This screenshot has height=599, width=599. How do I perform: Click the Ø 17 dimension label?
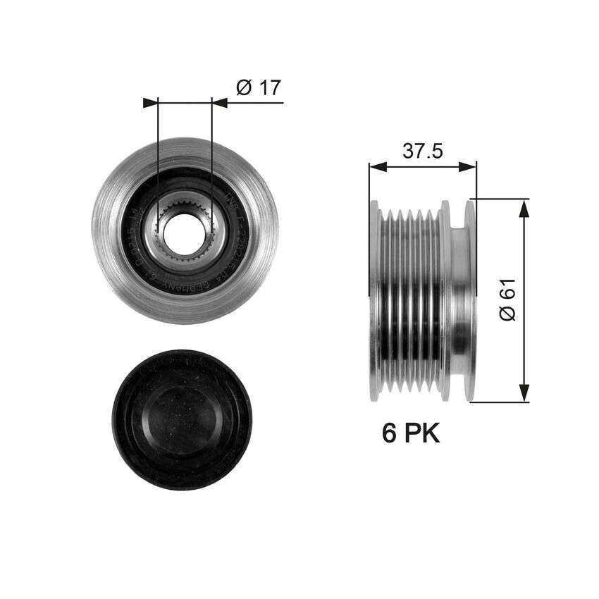tap(258, 87)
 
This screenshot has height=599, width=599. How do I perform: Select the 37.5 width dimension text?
tap(422, 151)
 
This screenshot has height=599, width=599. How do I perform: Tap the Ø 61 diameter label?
tap(507, 299)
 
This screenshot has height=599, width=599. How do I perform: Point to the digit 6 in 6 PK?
tap(389, 433)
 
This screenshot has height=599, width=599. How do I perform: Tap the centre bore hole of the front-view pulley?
tap(185, 230)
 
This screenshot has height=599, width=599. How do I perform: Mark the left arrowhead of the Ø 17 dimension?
tap(150, 103)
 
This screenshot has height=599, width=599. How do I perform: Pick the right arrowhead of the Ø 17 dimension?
tap(220, 103)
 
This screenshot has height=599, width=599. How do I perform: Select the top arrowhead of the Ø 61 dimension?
tap(524, 207)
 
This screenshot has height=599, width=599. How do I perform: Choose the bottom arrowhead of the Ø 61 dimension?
tap(524, 394)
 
